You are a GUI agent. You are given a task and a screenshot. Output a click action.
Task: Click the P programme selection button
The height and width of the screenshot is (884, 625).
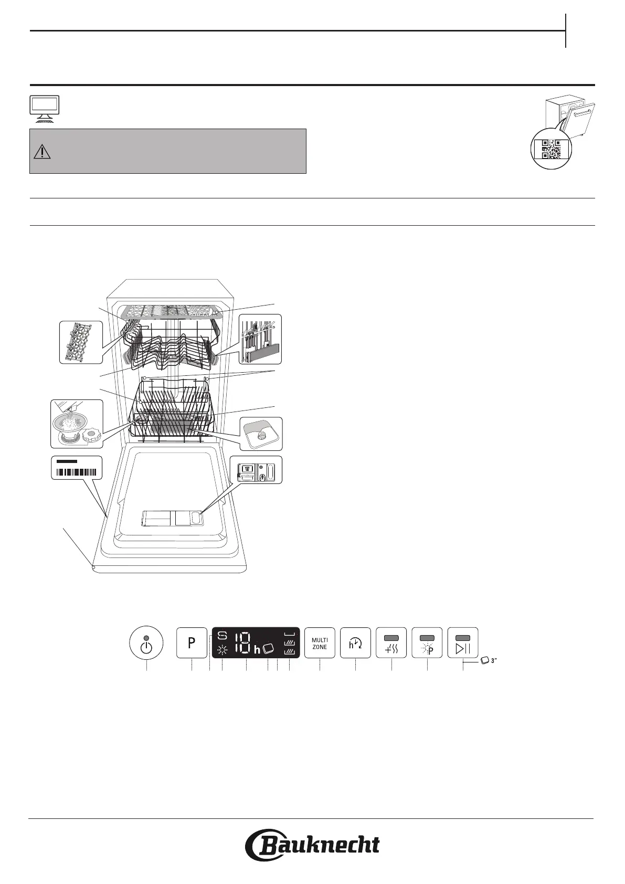point(192,643)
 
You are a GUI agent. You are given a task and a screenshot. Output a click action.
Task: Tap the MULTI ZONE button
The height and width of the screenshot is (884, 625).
point(320,643)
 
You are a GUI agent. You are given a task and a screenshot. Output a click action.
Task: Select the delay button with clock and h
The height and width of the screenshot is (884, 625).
point(355,643)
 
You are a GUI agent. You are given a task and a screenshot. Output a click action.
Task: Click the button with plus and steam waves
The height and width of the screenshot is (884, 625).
point(391,643)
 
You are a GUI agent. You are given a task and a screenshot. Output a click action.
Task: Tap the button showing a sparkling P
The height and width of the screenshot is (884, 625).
point(427,643)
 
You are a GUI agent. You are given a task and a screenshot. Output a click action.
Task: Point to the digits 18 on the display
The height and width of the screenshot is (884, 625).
point(242,643)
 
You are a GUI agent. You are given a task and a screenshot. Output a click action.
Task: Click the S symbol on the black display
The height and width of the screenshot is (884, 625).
point(223,636)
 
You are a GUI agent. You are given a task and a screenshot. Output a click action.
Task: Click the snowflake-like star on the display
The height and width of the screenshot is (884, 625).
point(223,649)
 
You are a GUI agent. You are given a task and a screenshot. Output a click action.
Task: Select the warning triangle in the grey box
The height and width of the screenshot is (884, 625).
point(42,152)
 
